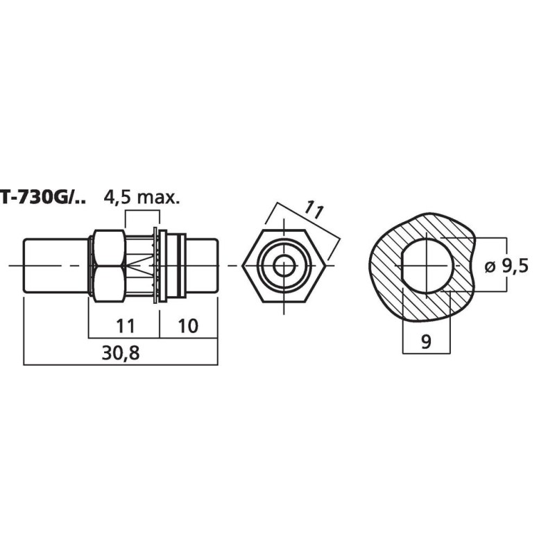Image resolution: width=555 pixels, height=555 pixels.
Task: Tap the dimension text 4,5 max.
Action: pos(142,198)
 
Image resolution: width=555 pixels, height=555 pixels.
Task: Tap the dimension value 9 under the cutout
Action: pos(425,341)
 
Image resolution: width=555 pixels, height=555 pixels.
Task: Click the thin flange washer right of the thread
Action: pos(163,265)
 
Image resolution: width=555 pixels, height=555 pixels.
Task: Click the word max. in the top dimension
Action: pos(159,198)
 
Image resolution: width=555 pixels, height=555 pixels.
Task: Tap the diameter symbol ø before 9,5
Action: pos(488,265)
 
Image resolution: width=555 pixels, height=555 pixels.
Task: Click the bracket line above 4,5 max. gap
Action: pos(140,214)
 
